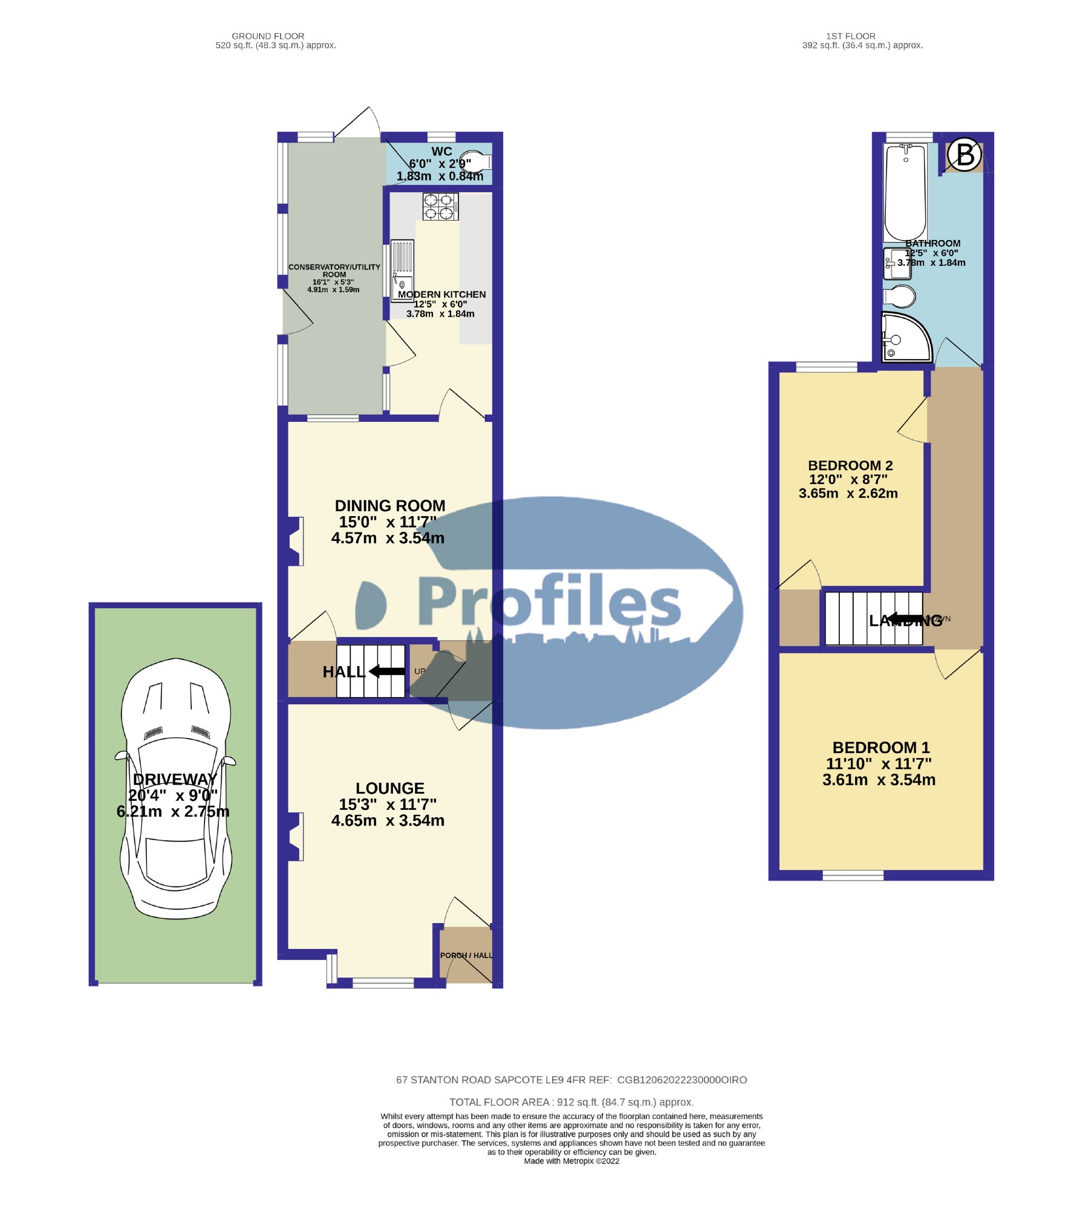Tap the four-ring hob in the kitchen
click(440, 206)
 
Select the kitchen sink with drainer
click(402, 270)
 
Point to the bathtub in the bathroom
click(905, 192)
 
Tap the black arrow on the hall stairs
click(387, 671)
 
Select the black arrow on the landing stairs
click(905, 619)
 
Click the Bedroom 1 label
click(880, 748)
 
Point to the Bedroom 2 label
click(850, 465)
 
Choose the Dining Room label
click(390, 505)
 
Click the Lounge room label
click(390, 788)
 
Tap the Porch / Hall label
click(466, 956)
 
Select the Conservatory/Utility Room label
click(334, 270)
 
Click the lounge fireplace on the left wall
click(295, 837)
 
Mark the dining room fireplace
click(295, 541)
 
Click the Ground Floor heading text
click(268, 36)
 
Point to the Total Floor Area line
click(571, 1102)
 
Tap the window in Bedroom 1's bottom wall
click(853, 875)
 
